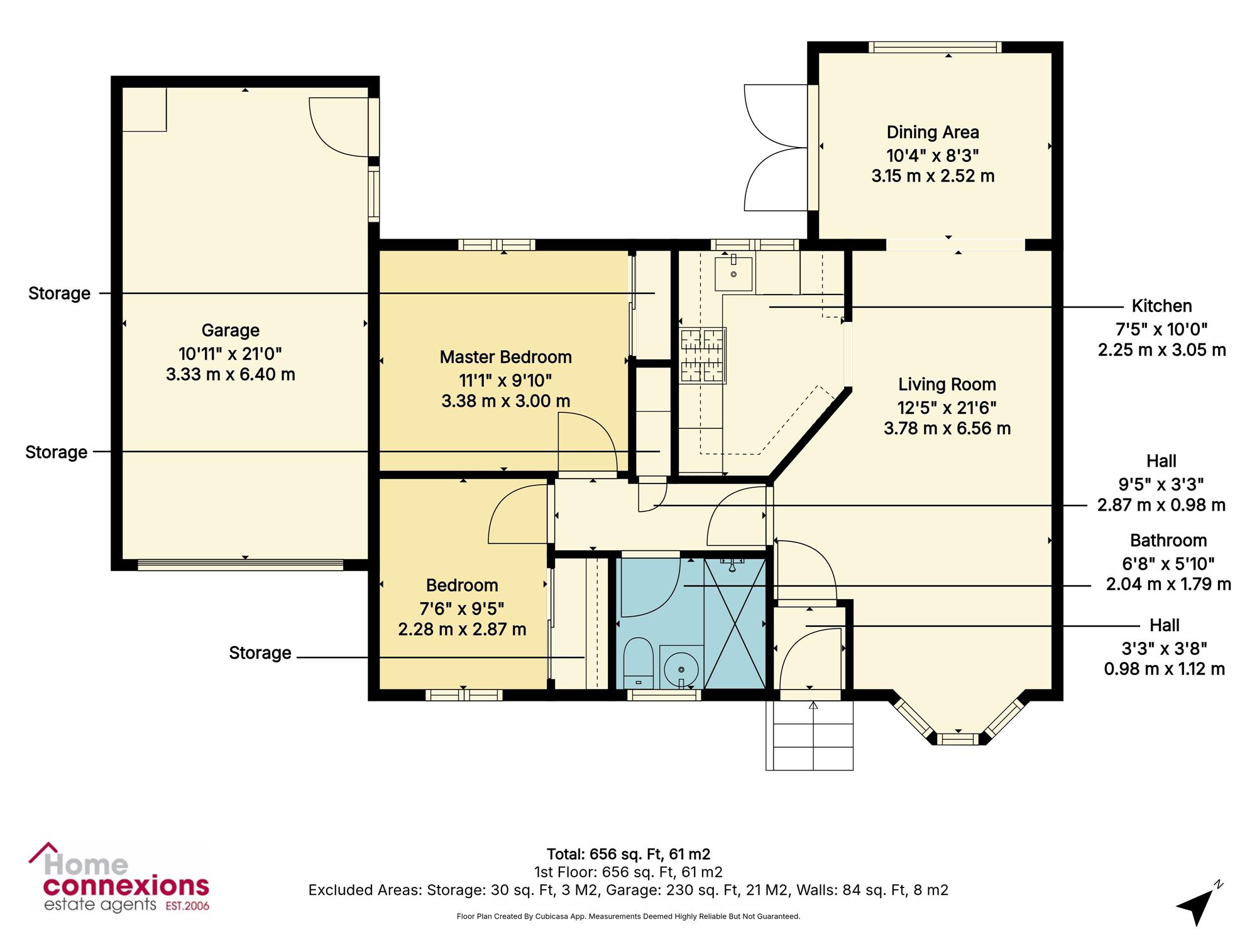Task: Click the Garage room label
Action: click(x=230, y=330)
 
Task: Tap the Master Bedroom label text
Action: click(x=506, y=357)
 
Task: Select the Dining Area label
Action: click(x=933, y=133)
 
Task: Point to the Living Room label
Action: click(x=947, y=384)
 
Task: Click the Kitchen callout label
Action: click(x=1161, y=306)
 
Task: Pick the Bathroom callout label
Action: click(x=1168, y=541)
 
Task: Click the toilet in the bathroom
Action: click(x=639, y=663)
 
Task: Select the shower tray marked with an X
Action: click(x=735, y=623)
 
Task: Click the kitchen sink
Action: click(x=733, y=271)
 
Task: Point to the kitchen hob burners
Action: click(x=703, y=355)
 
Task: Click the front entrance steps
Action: click(x=810, y=735)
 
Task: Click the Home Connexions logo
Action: click(x=119, y=878)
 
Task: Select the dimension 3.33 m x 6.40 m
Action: click(x=230, y=374)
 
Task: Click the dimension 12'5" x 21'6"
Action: click(x=947, y=408)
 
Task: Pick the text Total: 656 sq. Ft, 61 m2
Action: click(x=628, y=854)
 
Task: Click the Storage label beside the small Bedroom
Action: click(x=260, y=653)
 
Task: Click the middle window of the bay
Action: click(x=958, y=739)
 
